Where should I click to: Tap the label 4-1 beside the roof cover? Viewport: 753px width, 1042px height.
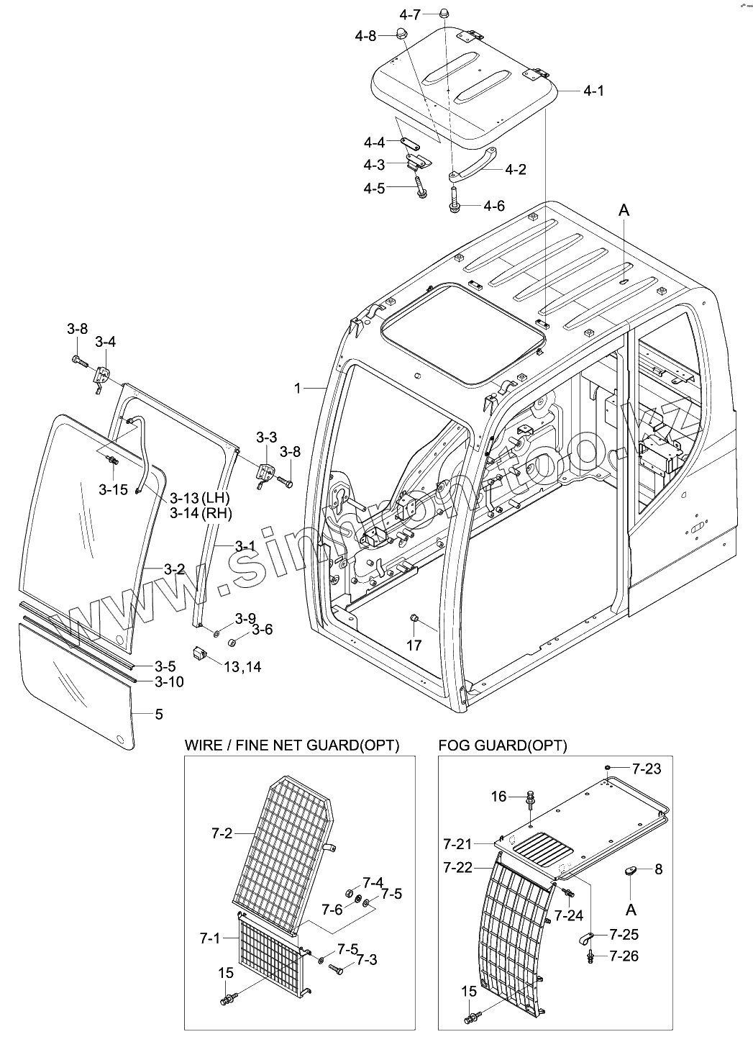point(593,91)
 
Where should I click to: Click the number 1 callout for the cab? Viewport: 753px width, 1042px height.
point(297,389)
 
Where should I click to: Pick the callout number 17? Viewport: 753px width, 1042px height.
point(414,645)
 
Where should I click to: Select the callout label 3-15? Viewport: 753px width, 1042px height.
point(113,490)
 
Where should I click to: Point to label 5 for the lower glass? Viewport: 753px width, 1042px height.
point(159,715)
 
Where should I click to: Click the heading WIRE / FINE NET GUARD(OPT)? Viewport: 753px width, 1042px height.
point(292,745)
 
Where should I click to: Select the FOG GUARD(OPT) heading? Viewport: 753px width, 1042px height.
point(503,746)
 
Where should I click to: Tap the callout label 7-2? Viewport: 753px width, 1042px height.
point(222,834)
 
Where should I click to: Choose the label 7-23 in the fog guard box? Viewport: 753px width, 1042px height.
point(647,769)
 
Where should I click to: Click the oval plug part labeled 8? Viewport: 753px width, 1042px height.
point(631,871)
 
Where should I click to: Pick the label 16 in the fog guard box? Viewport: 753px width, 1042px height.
point(499,796)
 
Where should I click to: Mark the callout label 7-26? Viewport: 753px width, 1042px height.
point(624,956)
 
